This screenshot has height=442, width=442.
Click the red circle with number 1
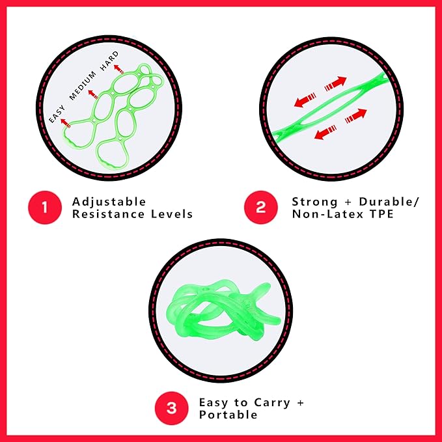45,208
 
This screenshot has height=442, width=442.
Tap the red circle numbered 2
261,208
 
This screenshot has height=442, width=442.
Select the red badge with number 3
171,408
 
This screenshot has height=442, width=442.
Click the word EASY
57,114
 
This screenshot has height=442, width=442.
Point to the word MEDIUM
83,86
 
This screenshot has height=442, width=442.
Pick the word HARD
109,61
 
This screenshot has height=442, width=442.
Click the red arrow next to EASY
66,124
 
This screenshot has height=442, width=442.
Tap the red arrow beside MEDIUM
93,94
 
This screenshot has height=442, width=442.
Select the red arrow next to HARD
119,70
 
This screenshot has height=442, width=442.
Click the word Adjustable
109,202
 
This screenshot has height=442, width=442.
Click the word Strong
314,202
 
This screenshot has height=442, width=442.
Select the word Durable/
389,202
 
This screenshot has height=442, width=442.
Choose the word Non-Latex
327,214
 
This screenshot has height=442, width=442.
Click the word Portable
228,415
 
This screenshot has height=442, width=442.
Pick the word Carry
272,403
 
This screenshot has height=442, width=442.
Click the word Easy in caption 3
214,403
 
